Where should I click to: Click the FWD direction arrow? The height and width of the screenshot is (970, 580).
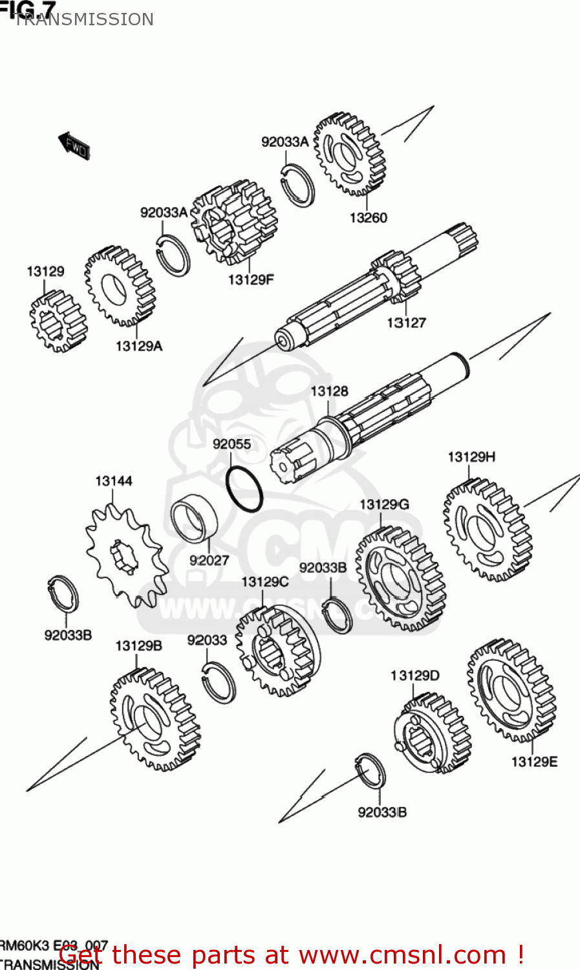pos(74,145)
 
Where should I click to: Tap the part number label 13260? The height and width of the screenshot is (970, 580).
pos(368,218)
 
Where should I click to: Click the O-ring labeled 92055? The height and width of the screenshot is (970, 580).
pos(244,488)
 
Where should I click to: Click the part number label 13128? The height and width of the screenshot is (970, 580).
pos(329,391)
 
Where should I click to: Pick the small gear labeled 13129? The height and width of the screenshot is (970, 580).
pos(58,321)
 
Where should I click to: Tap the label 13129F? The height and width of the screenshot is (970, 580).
pos(251,279)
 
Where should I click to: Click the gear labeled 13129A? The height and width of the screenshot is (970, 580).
pos(120,286)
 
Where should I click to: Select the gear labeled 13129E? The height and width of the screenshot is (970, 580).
pos(511,691)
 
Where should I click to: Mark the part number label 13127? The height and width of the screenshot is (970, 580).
pos(406,322)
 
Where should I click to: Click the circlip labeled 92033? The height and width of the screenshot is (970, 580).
pos(219,682)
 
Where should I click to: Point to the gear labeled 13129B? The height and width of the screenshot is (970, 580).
pos(155,719)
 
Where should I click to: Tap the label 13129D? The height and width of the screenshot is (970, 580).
pos(414,676)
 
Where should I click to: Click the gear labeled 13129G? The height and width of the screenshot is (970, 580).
pos(401,578)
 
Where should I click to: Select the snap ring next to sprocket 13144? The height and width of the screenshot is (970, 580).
pos(64,594)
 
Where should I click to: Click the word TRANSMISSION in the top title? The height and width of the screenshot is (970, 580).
pos(84,19)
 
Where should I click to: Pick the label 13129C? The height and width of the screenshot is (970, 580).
pos(264,582)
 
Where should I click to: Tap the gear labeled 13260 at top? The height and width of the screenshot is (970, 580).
pos(349,155)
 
